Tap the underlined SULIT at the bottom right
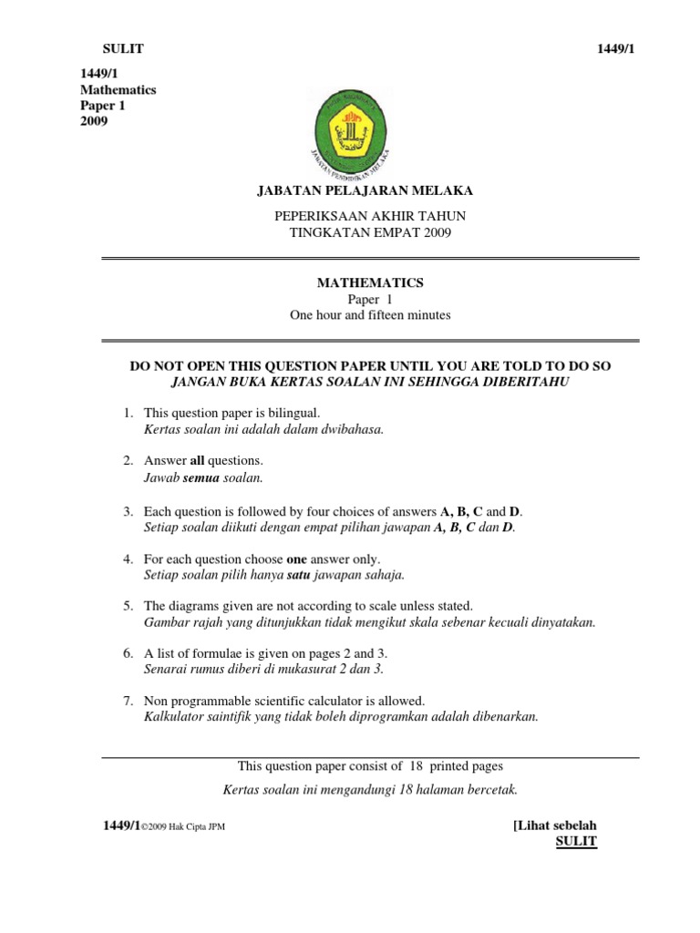[x=576, y=841]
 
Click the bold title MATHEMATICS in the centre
[x=370, y=283]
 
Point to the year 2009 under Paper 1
[x=94, y=121]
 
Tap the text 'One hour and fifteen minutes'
[x=370, y=315]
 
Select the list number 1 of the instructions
[x=129, y=413]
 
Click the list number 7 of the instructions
[x=129, y=701]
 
